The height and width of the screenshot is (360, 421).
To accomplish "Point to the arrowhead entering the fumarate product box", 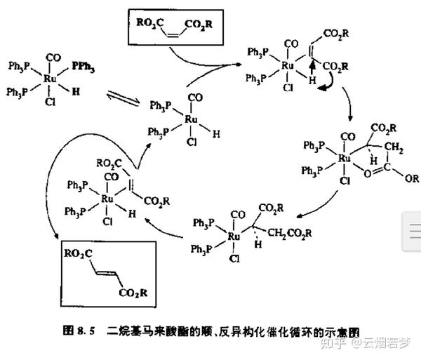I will pos(55,239).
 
